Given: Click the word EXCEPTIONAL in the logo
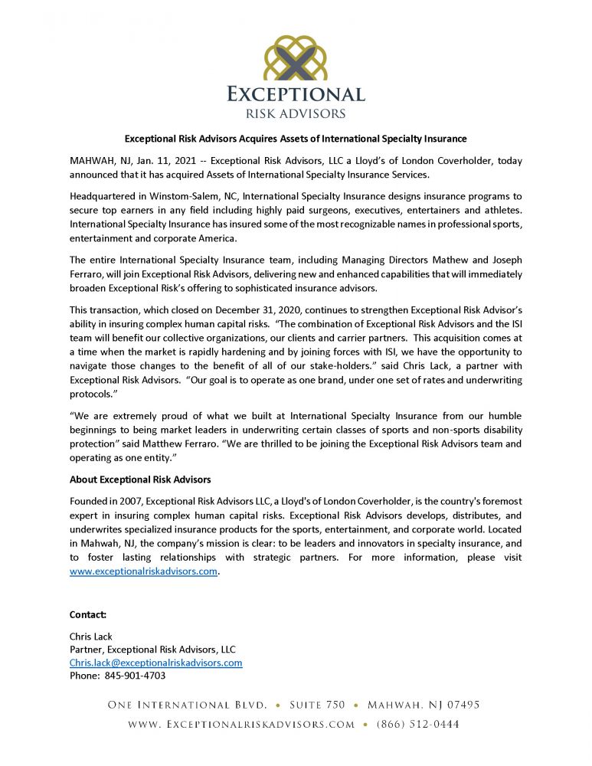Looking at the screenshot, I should click(296, 95).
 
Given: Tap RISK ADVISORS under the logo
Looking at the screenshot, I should click(296, 113).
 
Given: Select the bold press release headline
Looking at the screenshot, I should click(296, 139).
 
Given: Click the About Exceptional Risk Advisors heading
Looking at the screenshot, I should click(140, 480).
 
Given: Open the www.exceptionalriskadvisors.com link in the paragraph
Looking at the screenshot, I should click(143, 571).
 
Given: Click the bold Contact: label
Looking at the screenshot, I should click(88, 614).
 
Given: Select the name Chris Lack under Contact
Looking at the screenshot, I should click(91, 637).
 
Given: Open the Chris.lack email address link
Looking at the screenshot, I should click(155, 663).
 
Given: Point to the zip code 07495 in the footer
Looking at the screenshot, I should click(462, 705).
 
